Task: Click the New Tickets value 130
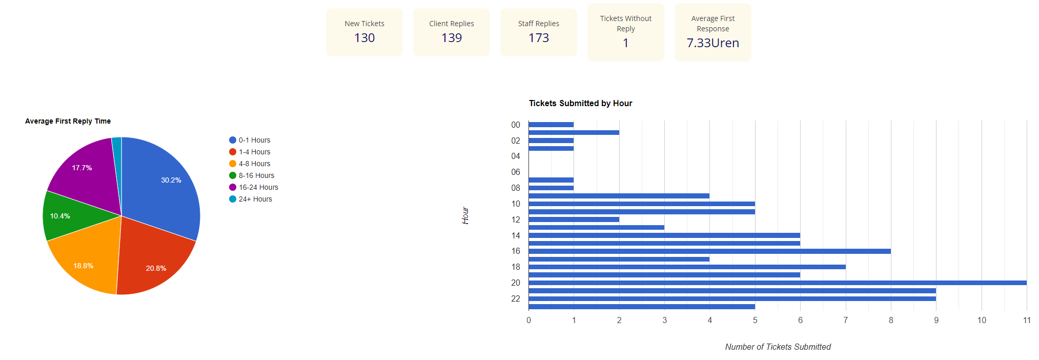pos(364,38)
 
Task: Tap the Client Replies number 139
pos(452,38)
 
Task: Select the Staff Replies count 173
pos(539,38)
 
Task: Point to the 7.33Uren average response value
pos(712,43)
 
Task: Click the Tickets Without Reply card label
pos(625,24)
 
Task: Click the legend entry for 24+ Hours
pos(255,199)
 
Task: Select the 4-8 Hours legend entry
pos(254,164)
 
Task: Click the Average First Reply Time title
pos(68,121)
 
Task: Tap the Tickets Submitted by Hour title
pos(580,103)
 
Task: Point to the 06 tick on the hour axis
pos(515,172)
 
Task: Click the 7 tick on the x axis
pos(845,320)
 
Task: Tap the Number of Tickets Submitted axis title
pos(778,347)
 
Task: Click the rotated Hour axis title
pos(465,215)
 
